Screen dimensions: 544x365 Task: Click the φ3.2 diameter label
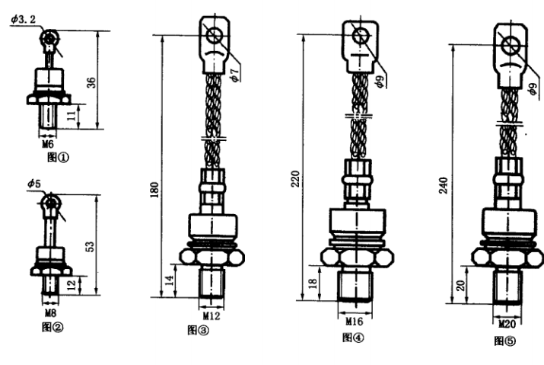pyautogui.click(x=23, y=19)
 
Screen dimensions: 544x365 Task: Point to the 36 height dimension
pyautogui.click(x=91, y=82)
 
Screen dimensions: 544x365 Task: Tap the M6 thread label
pyautogui.click(x=48, y=144)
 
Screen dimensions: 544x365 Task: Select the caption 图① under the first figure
pyautogui.click(x=58, y=158)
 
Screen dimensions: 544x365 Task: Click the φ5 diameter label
pyautogui.click(x=34, y=183)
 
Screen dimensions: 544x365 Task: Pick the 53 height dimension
pyautogui.click(x=90, y=246)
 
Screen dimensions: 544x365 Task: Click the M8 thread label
pyautogui.click(x=50, y=313)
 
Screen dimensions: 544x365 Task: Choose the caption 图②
pyautogui.click(x=52, y=327)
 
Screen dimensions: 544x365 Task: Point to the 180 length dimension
pyautogui.click(x=154, y=190)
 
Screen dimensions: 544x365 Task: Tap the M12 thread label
pyautogui.click(x=212, y=315)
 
